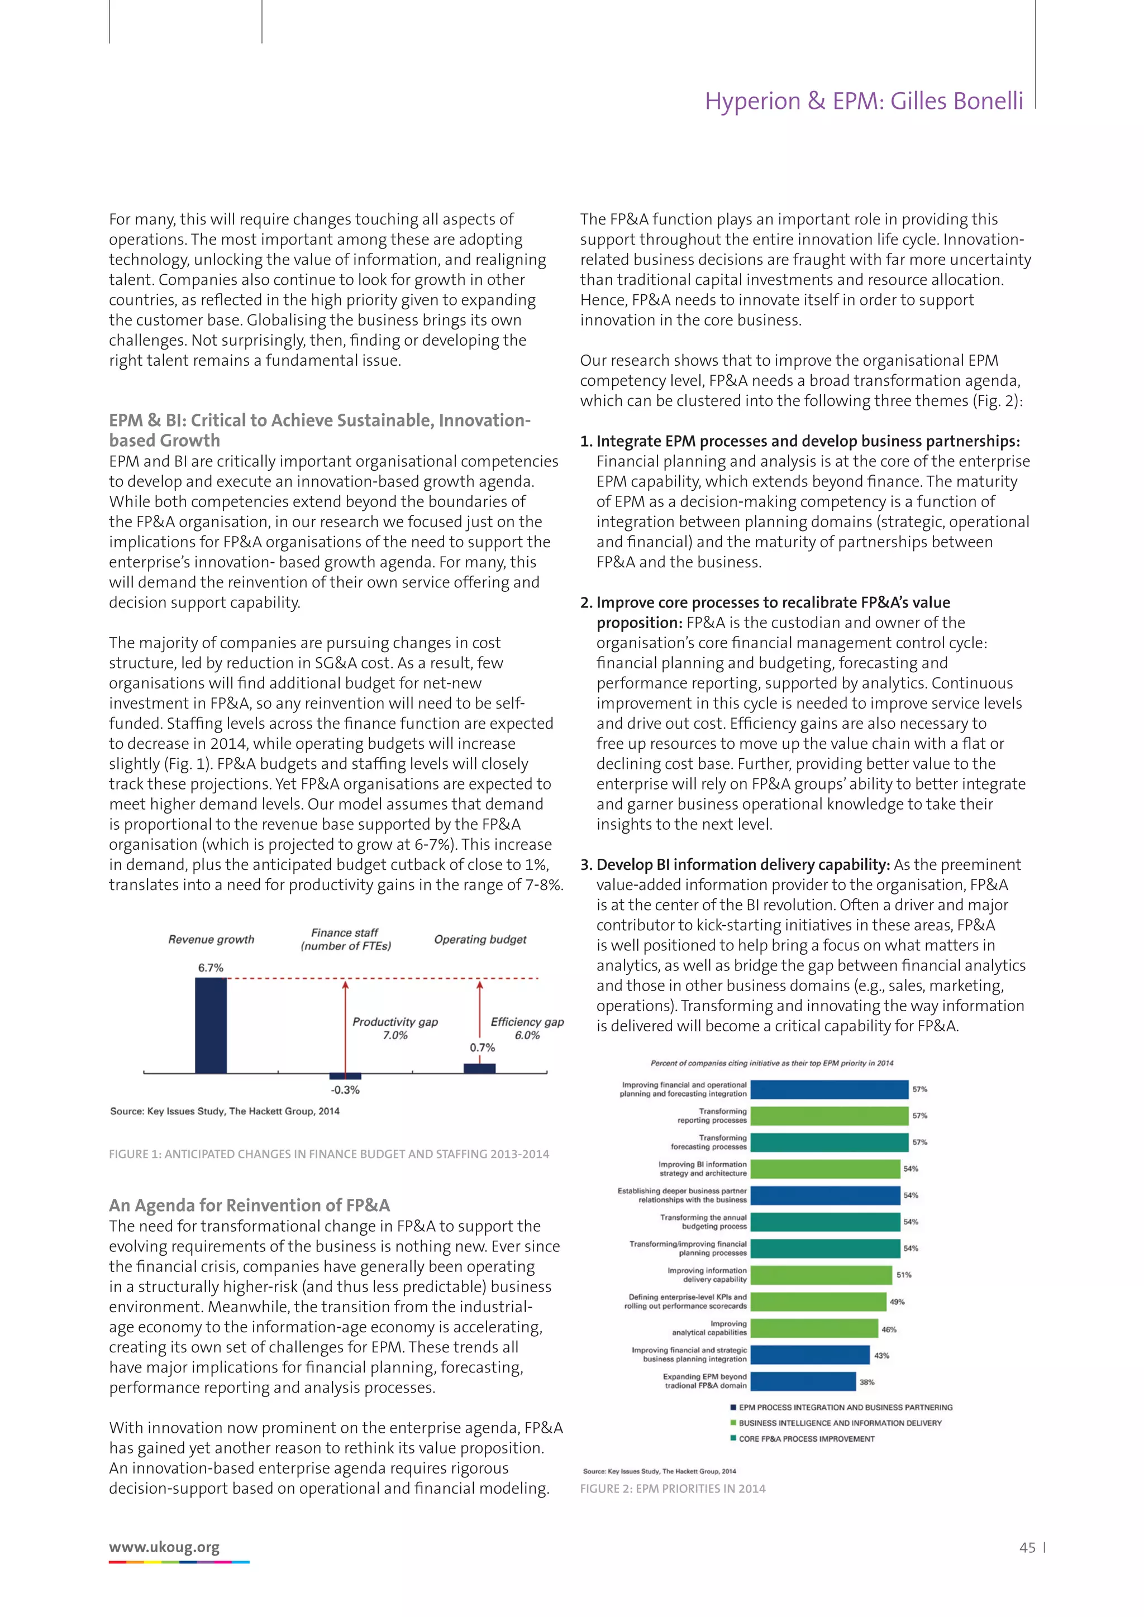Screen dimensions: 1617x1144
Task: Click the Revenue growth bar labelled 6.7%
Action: pyautogui.click(x=211, y=1025)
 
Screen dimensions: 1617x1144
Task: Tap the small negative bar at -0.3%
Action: pyautogui.click(x=345, y=1076)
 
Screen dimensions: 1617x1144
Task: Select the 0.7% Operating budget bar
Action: pyautogui.click(x=480, y=1068)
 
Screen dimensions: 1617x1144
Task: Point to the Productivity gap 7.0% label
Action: pyautogui.click(x=395, y=1028)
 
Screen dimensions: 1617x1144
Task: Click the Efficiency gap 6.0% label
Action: pyautogui.click(x=527, y=1028)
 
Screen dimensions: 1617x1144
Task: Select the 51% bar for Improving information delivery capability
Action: pyautogui.click(x=821, y=1275)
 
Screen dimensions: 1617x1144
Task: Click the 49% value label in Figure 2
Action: pyautogui.click(x=897, y=1302)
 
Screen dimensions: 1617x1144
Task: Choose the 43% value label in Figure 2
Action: pyautogui.click(x=881, y=1355)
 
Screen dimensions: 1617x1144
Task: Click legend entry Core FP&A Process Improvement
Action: pyautogui.click(x=807, y=1439)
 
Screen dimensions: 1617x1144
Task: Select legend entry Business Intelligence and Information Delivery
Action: pyautogui.click(x=840, y=1423)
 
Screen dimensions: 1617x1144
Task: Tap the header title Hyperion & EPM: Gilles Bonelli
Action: pyautogui.click(x=864, y=102)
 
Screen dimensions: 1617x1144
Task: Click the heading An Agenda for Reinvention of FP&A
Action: pyautogui.click(x=249, y=1205)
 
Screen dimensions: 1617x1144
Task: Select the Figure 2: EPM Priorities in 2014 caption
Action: pyautogui.click(x=673, y=1489)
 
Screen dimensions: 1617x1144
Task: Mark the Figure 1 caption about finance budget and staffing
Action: pyautogui.click(x=329, y=1154)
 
